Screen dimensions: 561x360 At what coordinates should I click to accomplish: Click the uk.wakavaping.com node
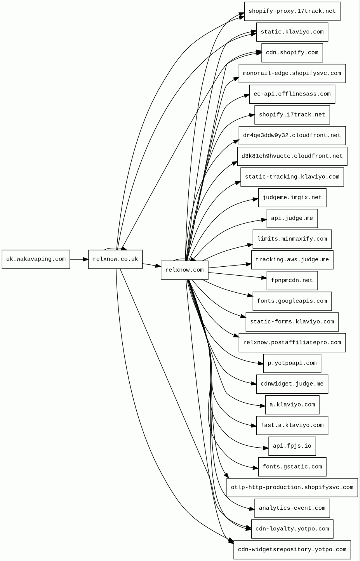[x=36, y=259]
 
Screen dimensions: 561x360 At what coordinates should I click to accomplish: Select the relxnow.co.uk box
[x=115, y=259]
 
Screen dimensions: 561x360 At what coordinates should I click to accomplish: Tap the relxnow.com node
[x=184, y=270]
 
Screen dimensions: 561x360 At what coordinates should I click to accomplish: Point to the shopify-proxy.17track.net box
[x=292, y=11]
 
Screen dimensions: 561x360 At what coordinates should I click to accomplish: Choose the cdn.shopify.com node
[x=292, y=53]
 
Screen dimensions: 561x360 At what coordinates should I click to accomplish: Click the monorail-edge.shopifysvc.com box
[x=292, y=73]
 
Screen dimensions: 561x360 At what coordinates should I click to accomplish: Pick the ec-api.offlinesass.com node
[x=292, y=94]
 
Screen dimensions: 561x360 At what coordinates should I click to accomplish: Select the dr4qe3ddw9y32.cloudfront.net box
[x=292, y=135]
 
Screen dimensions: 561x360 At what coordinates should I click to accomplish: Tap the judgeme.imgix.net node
[x=292, y=198]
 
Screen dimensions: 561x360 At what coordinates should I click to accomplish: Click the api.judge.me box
[x=292, y=218]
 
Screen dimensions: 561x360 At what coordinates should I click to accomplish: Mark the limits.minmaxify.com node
[x=292, y=239]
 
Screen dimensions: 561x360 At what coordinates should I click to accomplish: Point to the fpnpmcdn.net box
[x=292, y=280]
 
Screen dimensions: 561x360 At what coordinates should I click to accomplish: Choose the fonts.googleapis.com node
[x=292, y=301]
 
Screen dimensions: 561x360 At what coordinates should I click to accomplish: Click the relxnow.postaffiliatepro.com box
[x=292, y=342]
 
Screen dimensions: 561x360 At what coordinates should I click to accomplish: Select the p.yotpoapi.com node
[x=292, y=363]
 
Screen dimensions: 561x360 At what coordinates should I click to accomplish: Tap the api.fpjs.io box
[x=292, y=446]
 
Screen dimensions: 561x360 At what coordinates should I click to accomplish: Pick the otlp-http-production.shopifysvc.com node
[x=292, y=488]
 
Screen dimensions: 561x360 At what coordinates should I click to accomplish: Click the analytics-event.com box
[x=292, y=508]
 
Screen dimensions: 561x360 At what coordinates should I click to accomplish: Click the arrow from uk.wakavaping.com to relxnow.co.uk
[x=79, y=259]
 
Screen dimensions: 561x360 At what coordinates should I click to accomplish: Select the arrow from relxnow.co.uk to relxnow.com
[x=152, y=266]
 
